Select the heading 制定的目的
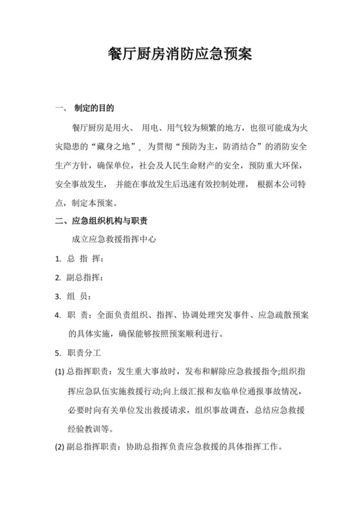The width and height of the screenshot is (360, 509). coord(94,107)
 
